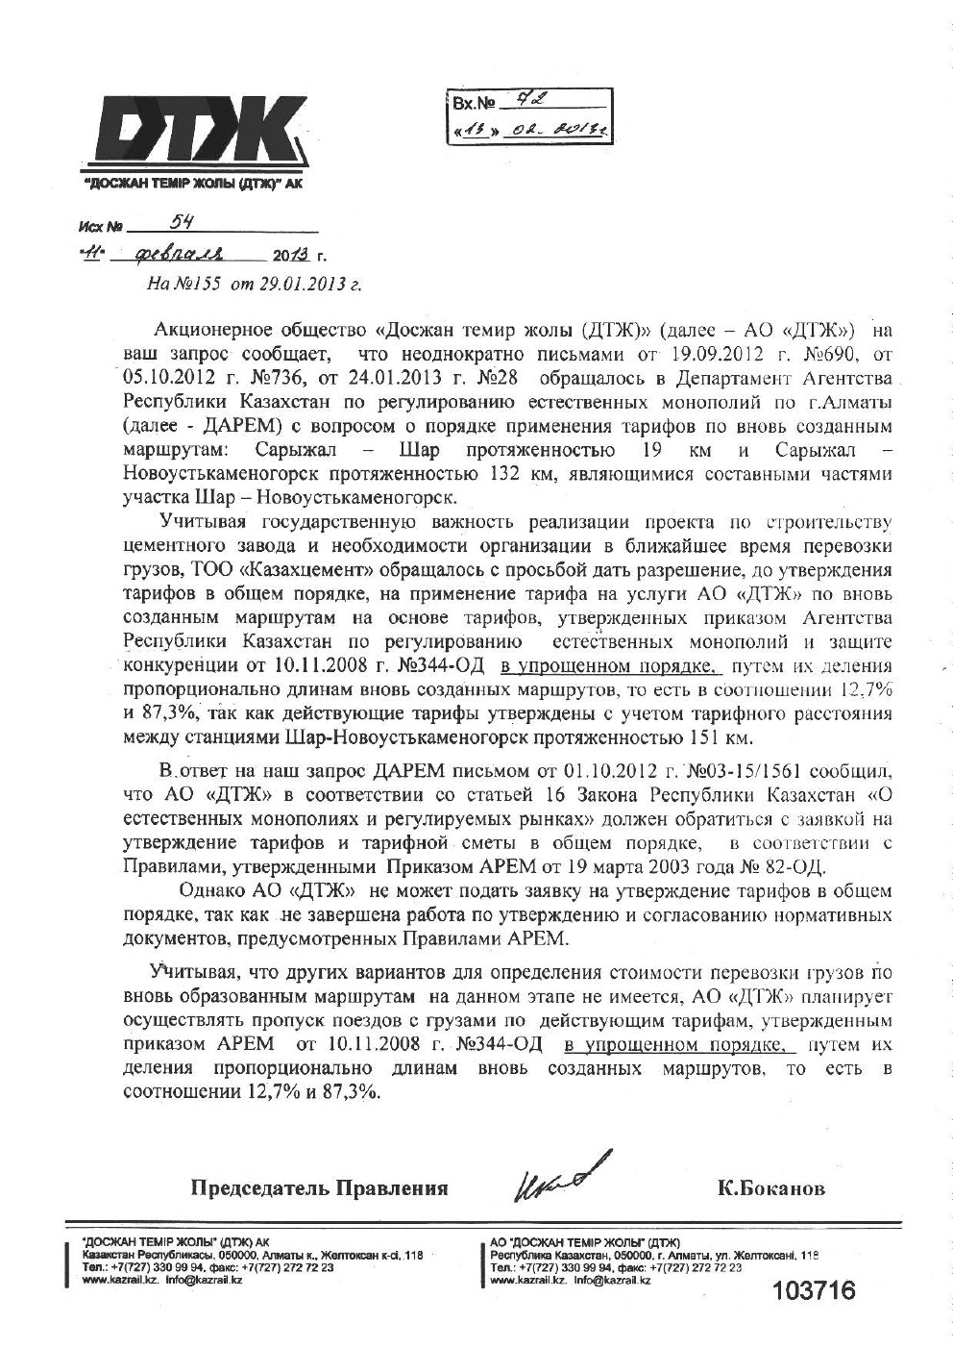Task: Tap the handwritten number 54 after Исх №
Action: pyautogui.click(x=181, y=222)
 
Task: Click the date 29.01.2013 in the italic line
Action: pyautogui.click(x=302, y=284)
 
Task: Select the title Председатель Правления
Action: pyautogui.click(x=320, y=1188)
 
